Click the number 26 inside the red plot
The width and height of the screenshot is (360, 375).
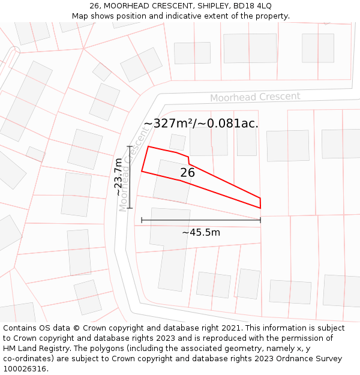(187, 173)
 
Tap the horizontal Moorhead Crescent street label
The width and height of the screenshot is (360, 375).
(255, 97)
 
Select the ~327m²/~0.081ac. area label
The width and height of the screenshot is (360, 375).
(201, 124)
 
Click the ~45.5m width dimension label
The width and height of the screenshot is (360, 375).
(200, 232)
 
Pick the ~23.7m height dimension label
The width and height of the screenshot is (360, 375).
(119, 177)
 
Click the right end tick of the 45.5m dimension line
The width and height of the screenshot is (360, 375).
(260, 220)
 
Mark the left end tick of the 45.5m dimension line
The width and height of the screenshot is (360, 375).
(142, 220)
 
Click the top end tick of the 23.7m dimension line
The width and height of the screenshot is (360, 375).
(130, 146)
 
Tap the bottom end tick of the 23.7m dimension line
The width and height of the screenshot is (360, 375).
(130, 208)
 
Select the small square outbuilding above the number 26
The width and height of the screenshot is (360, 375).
(178, 142)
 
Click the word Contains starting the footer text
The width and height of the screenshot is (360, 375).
(20, 328)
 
